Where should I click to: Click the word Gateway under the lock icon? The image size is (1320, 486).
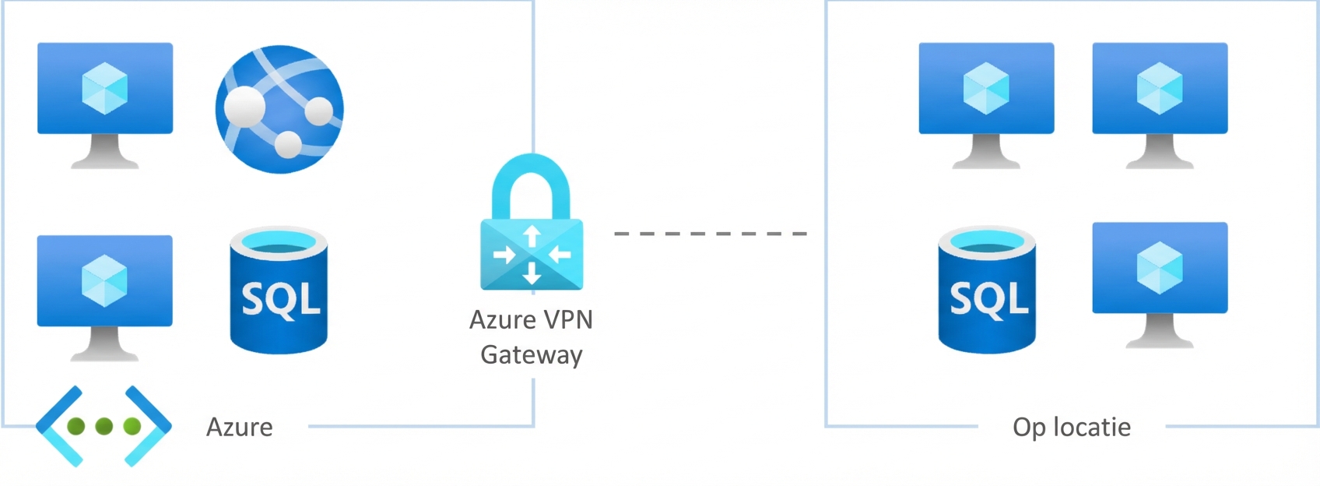pyautogui.click(x=532, y=355)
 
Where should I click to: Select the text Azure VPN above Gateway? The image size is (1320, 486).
pyautogui.click(x=532, y=320)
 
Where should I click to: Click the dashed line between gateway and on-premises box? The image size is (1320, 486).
pyautogui.click(x=710, y=234)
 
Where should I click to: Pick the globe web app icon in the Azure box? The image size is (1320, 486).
pyautogui.click(x=279, y=109)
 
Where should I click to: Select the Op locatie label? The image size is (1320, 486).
pyautogui.click(x=1071, y=427)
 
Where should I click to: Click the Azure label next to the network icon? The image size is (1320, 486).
pyautogui.click(x=239, y=427)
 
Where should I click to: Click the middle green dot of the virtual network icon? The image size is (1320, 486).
pyautogui.click(x=104, y=426)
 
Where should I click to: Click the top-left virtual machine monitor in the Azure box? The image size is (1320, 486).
pyautogui.click(x=105, y=88)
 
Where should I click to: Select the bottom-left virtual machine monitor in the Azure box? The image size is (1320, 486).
pyautogui.click(x=105, y=280)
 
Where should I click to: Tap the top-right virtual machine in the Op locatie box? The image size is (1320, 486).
pyautogui.click(x=1160, y=88)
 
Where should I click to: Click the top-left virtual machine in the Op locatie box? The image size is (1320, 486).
pyautogui.click(x=986, y=88)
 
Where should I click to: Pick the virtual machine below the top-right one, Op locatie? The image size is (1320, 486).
pyautogui.click(x=1160, y=268)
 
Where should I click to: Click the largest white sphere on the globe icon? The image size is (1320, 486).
pyautogui.click(x=244, y=106)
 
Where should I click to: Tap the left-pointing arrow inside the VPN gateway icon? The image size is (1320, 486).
pyautogui.click(x=560, y=255)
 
